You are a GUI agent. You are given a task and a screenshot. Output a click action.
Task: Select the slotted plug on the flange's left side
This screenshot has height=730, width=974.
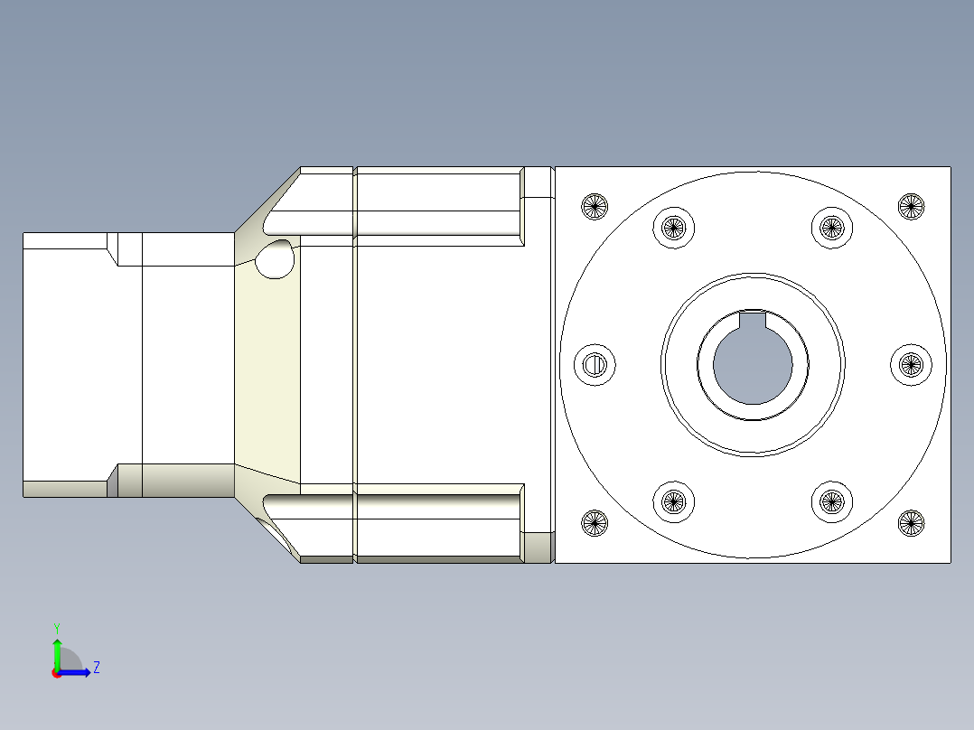point(595,365)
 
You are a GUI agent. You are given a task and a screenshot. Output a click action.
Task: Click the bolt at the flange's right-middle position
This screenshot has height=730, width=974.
point(911,364)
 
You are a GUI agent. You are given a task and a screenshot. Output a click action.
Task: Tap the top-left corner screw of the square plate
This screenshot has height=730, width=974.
point(594,206)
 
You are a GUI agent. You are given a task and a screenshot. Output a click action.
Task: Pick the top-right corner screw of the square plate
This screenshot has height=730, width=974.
point(911,206)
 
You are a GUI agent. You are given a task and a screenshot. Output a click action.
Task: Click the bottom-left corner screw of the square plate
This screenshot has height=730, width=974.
point(594,522)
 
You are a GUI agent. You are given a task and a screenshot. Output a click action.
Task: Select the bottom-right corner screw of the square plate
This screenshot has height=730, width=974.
point(911,522)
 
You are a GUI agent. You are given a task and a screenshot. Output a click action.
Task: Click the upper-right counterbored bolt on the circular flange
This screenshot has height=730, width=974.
point(831,227)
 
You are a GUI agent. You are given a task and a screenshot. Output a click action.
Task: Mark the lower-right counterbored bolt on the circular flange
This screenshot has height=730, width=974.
point(831,501)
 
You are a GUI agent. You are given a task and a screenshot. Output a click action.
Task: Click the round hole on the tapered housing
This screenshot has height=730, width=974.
point(275,260)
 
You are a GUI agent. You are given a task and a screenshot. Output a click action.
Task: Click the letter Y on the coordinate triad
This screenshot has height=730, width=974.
point(56,627)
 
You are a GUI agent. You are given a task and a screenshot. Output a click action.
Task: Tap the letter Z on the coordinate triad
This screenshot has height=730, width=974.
point(96,668)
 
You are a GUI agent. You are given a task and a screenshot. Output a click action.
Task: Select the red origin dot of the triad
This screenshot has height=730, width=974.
point(56,673)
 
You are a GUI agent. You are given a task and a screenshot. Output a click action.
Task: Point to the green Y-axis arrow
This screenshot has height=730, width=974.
point(56,652)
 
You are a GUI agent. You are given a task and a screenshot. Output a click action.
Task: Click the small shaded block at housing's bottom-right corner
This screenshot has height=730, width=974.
point(539,547)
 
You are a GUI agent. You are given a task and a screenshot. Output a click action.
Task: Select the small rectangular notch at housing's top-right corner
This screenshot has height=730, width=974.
point(539,182)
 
